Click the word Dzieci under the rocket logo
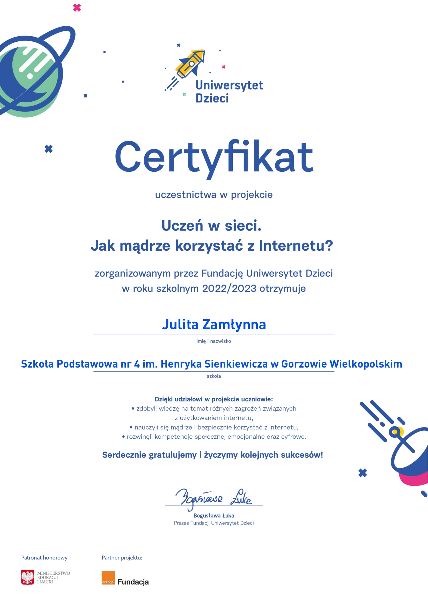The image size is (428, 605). [212, 98]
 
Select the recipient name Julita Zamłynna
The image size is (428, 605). [214, 324]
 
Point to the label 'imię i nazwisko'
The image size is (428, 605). [213, 341]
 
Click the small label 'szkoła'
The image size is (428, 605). [214, 376]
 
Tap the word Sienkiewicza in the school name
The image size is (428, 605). [236, 364]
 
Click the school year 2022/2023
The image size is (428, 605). [229, 288]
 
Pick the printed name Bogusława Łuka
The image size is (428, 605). [213, 516]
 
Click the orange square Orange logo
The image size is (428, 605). [108, 578]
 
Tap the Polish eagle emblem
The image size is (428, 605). [28, 578]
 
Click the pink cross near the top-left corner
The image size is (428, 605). [77, 8]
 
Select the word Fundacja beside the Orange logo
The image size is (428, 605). [133, 582]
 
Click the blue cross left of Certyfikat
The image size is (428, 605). [48, 149]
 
